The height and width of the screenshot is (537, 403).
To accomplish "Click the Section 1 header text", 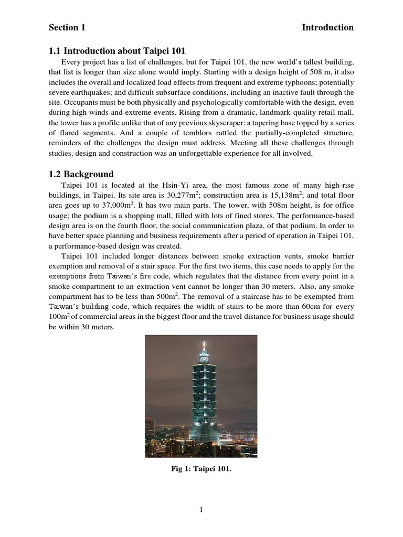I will [x=67, y=28].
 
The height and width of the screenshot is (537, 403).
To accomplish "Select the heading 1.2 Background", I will [x=81, y=174].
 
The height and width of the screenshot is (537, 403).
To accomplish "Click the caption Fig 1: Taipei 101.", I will [x=201, y=469].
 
